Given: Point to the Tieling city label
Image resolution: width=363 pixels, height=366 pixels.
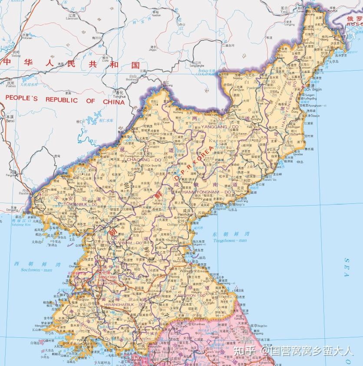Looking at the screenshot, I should point(16,56).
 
